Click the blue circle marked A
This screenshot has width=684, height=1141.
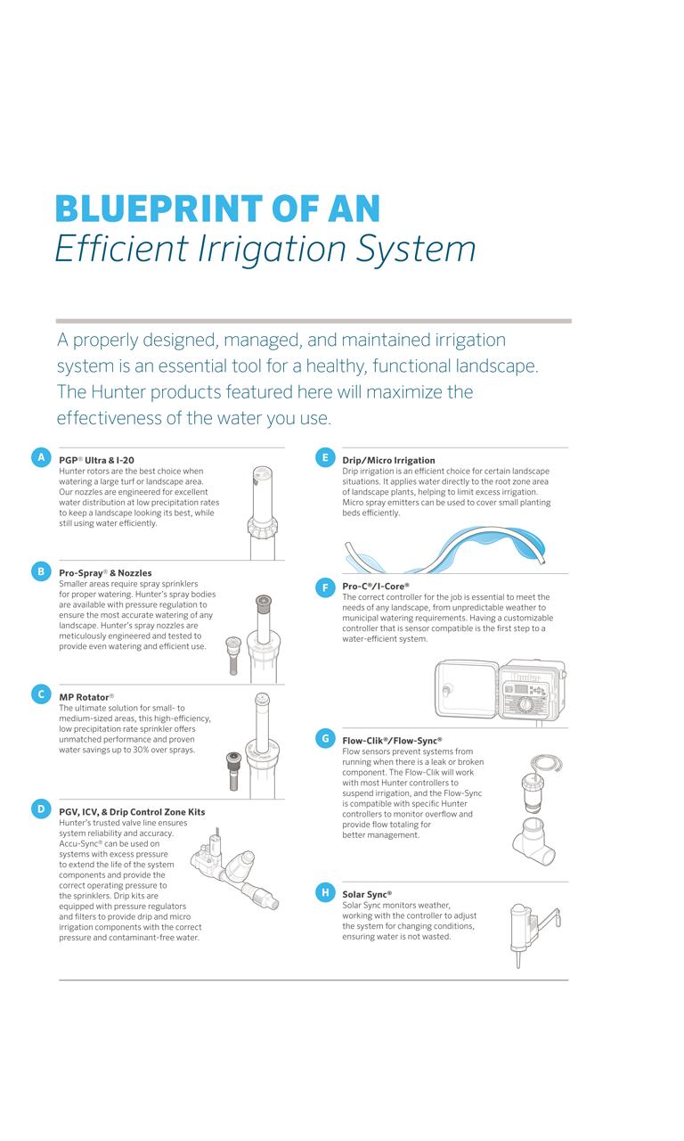click(41, 457)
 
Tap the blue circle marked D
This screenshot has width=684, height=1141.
click(41, 809)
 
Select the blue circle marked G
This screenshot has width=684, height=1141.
click(325, 738)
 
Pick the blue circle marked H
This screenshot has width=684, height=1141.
click(325, 892)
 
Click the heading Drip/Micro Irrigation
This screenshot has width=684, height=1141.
click(388, 460)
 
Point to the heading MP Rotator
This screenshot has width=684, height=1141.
click(85, 697)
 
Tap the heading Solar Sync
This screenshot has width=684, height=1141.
click(366, 894)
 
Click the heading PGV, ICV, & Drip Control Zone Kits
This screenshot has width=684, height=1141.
click(132, 812)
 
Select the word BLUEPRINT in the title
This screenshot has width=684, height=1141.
click(159, 209)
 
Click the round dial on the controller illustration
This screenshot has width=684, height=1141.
click(525, 705)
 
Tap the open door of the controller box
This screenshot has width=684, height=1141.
click(466, 689)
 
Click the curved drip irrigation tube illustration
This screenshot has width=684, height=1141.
click(444, 549)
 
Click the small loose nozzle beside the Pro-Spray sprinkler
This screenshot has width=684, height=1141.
click(233, 655)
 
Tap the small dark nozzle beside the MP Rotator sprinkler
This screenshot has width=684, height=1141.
click(233, 771)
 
